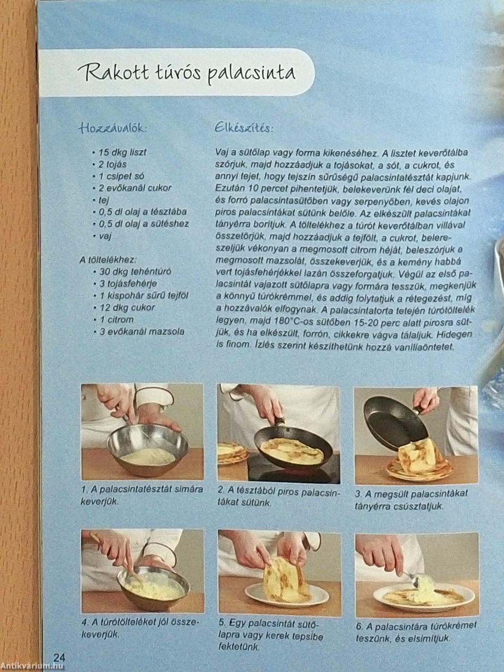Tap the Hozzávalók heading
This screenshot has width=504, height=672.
(x=113, y=129)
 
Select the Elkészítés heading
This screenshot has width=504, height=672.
(x=244, y=128)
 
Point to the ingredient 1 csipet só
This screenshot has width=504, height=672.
(x=118, y=176)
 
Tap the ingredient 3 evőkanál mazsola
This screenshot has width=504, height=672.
(x=139, y=332)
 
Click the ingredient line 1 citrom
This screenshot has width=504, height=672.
(x=113, y=320)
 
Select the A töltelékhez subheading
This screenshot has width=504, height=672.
(x=107, y=260)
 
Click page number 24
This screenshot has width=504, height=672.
(x=59, y=657)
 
